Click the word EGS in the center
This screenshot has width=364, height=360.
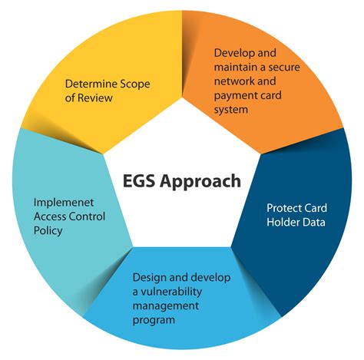coord(139,181)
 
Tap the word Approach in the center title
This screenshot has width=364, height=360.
coord(200,182)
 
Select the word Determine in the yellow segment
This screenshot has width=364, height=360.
coord(91,84)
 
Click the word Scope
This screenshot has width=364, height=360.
coord(135,84)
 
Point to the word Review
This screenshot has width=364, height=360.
coord(95,97)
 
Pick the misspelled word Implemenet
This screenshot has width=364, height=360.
coord(64,203)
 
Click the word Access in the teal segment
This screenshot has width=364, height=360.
coord(50,216)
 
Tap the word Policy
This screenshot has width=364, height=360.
coord(48,231)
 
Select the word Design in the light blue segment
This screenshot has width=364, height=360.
coord(147,278)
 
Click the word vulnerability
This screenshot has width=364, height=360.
coord(171,292)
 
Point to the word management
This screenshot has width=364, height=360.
coord(166,306)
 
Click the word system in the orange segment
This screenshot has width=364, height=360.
coord(231,110)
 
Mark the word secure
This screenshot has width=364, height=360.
coord(284,68)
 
